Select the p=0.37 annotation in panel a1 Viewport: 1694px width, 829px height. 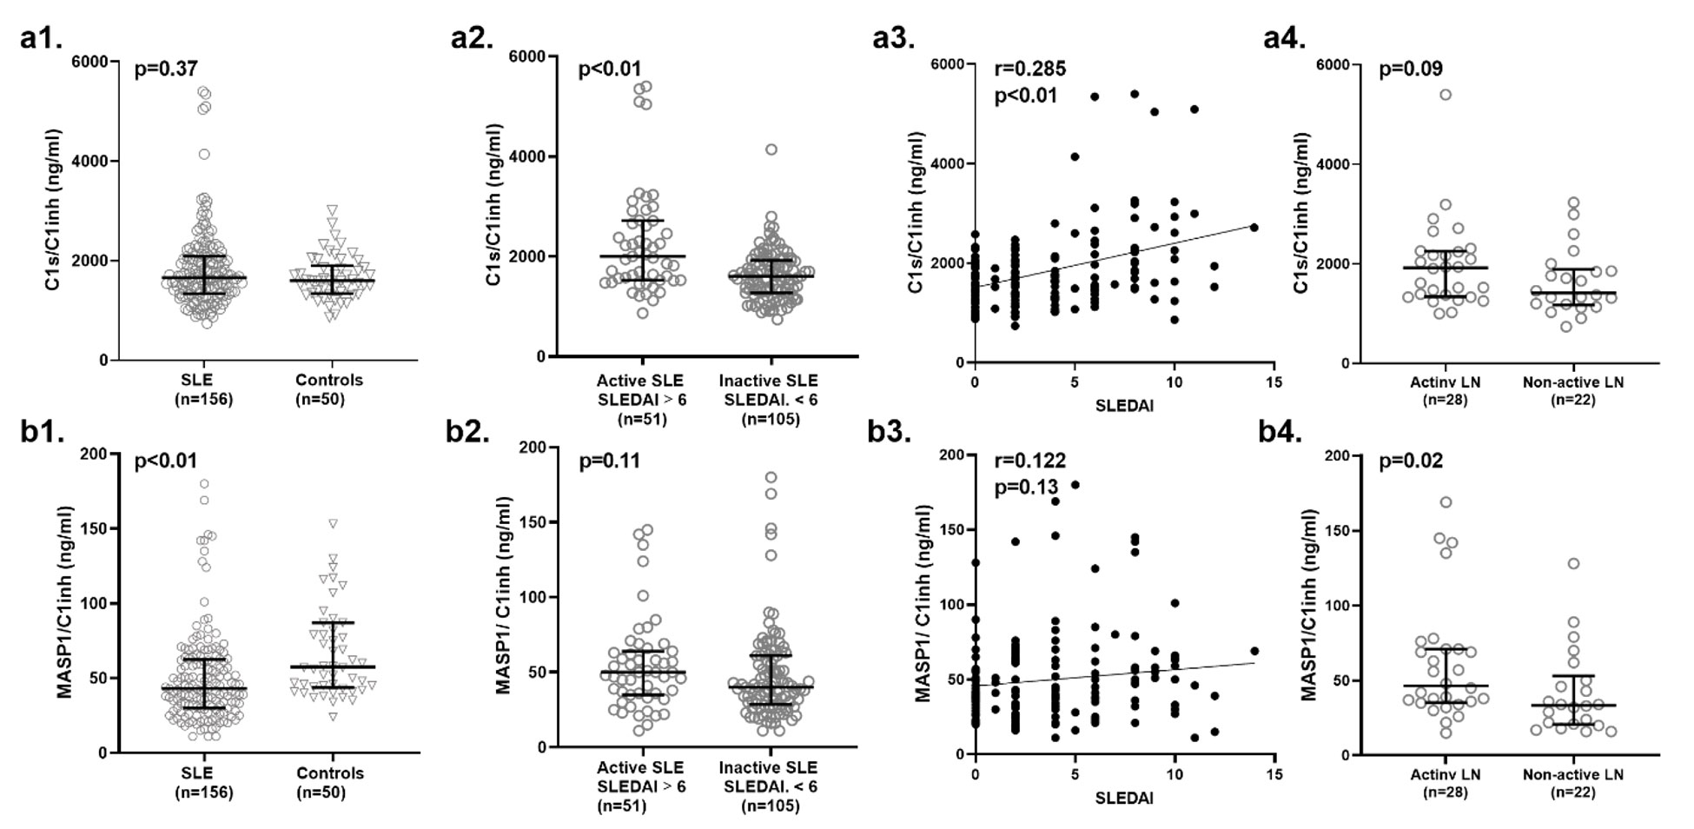(x=166, y=69)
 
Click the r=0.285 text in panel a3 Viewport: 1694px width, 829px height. (x=1030, y=69)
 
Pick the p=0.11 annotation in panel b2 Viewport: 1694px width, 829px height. (x=610, y=461)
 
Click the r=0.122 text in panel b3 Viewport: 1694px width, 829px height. (x=1030, y=461)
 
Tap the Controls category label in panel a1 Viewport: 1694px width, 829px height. (x=329, y=381)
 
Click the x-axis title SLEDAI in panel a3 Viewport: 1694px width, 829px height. (x=1124, y=406)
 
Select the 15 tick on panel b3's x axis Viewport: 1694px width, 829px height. (x=1274, y=773)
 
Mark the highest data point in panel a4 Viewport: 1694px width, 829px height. (x=1446, y=95)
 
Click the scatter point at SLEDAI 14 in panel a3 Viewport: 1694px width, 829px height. (x=1254, y=227)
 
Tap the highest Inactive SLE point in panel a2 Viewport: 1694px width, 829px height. (x=771, y=149)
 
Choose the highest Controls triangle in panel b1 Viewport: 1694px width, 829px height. (x=332, y=523)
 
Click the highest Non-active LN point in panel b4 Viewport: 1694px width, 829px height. (x=1572, y=564)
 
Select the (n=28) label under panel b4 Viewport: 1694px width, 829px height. (x=1446, y=793)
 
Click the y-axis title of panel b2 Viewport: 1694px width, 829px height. (x=503, y=595)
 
